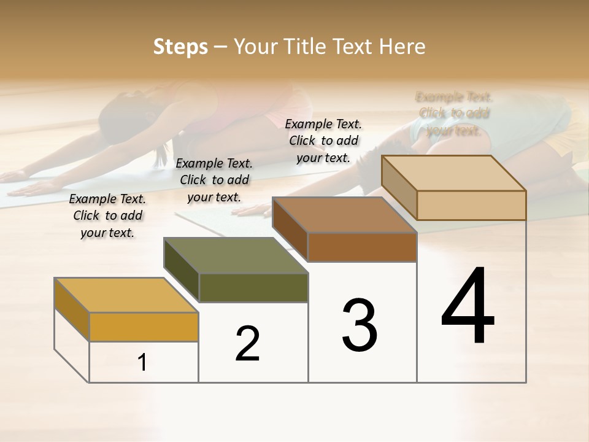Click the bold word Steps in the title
pyautogui.click(x=180, y=47)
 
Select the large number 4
pyautogui.click(x=468, y=307)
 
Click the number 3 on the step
pyautogui.click(x=359, y=325)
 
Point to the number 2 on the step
pyautogui.click(x=247, y=344)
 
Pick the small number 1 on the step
pyautogui.click(x=142, y=363)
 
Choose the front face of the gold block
pyautogui.click(x=144, y=327)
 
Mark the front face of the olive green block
pyautogui.click(x=253, y=288)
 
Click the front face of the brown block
pyautogui.click(x=362, y=247)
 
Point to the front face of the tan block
pyautogui.click(x=471, y=205)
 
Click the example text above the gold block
pyautogui.click(x=107, y=215)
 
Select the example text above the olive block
pyautogui.click(x=214, y=180)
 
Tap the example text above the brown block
pyautogui.click(x=323, y=141)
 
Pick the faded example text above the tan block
pyautogui.click(x=454, y=114)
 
